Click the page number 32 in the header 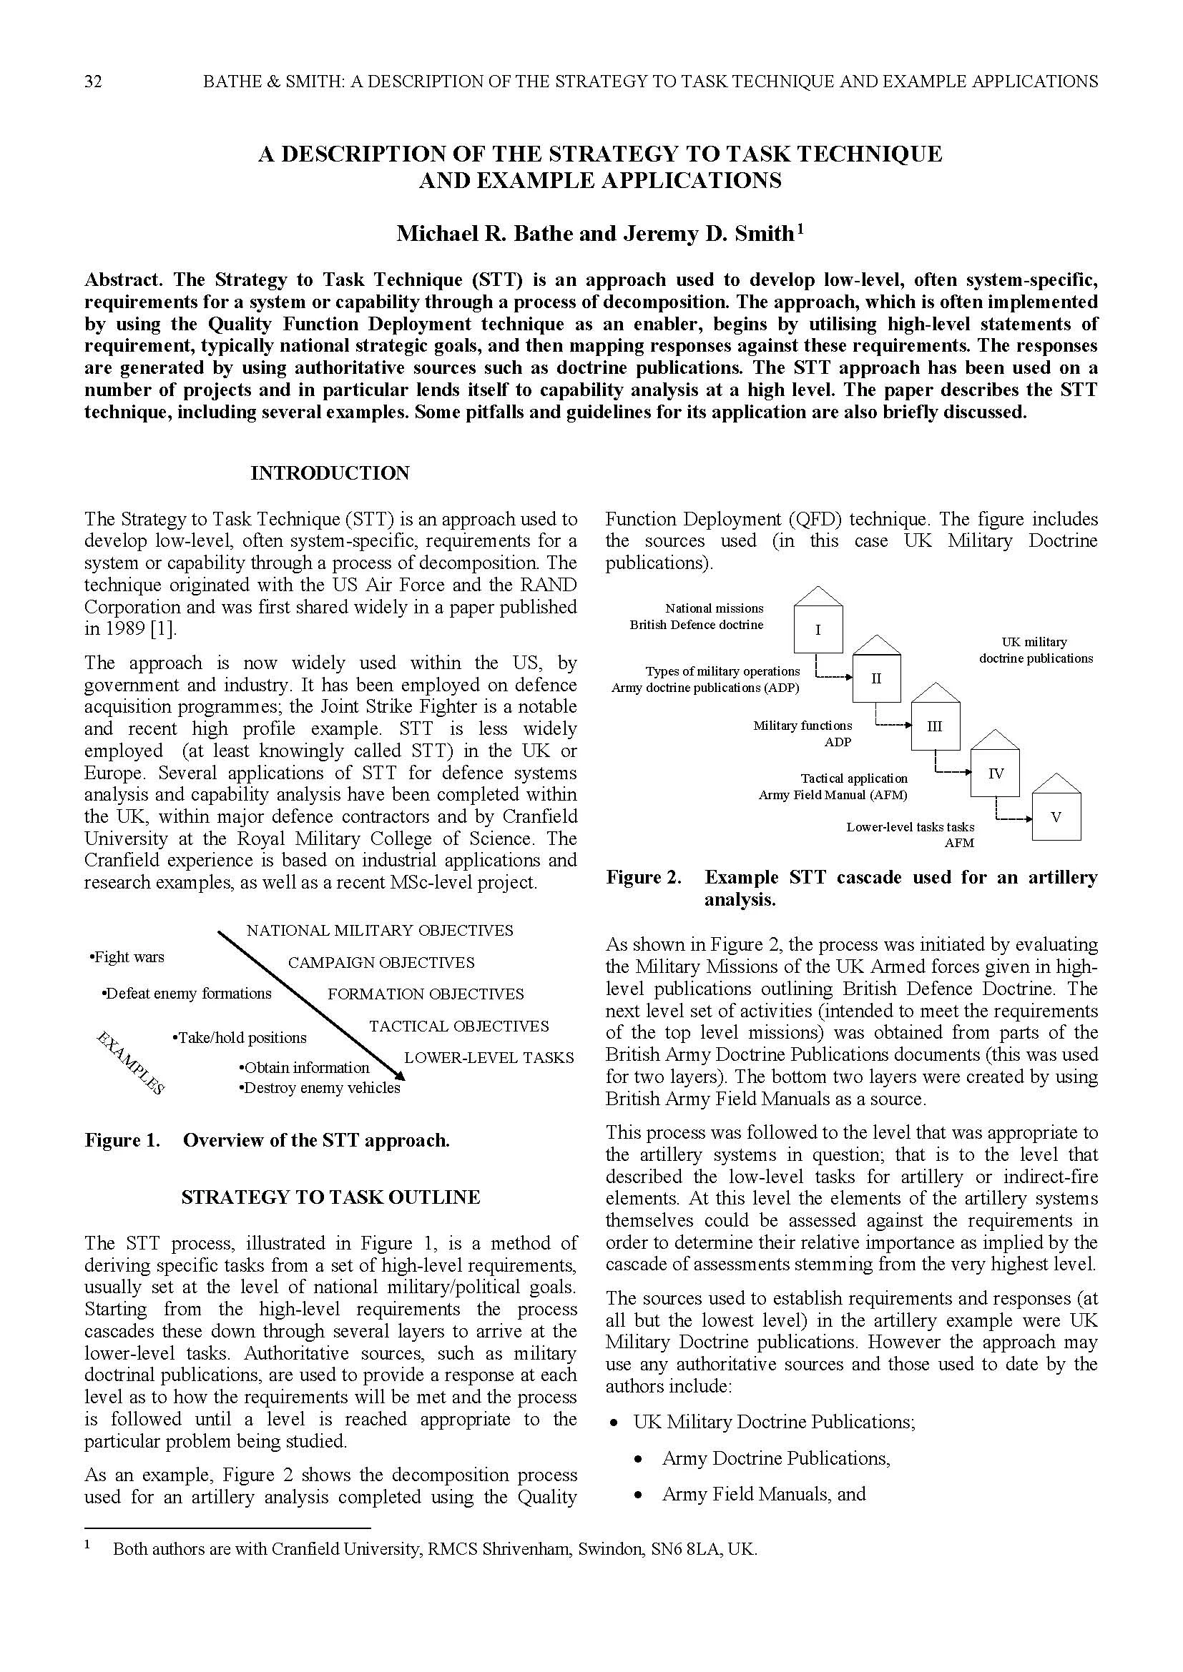coord(93,81)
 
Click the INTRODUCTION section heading coord(330,473)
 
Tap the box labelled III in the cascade coord(935,726)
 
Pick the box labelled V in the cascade coord(1056,817)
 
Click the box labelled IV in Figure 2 coord(995,773)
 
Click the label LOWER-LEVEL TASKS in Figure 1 coord(489,1057)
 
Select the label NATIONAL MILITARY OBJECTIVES coord(380,930)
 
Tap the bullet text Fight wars coord(127,957)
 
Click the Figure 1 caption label coord(122,1139)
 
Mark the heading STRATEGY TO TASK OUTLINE coord(330,1197)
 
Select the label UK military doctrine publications coord(1035,650)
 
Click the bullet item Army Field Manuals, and coord(763,1494)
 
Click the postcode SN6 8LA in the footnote coord(684,1549)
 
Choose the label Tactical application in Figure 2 coord(854,778)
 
